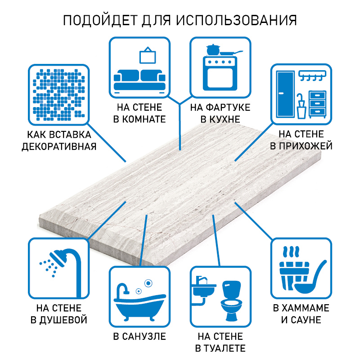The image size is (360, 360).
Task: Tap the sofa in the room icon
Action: [139, 80]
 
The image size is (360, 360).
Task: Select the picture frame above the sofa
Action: [147, 55]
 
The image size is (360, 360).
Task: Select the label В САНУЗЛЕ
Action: [139, 336]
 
